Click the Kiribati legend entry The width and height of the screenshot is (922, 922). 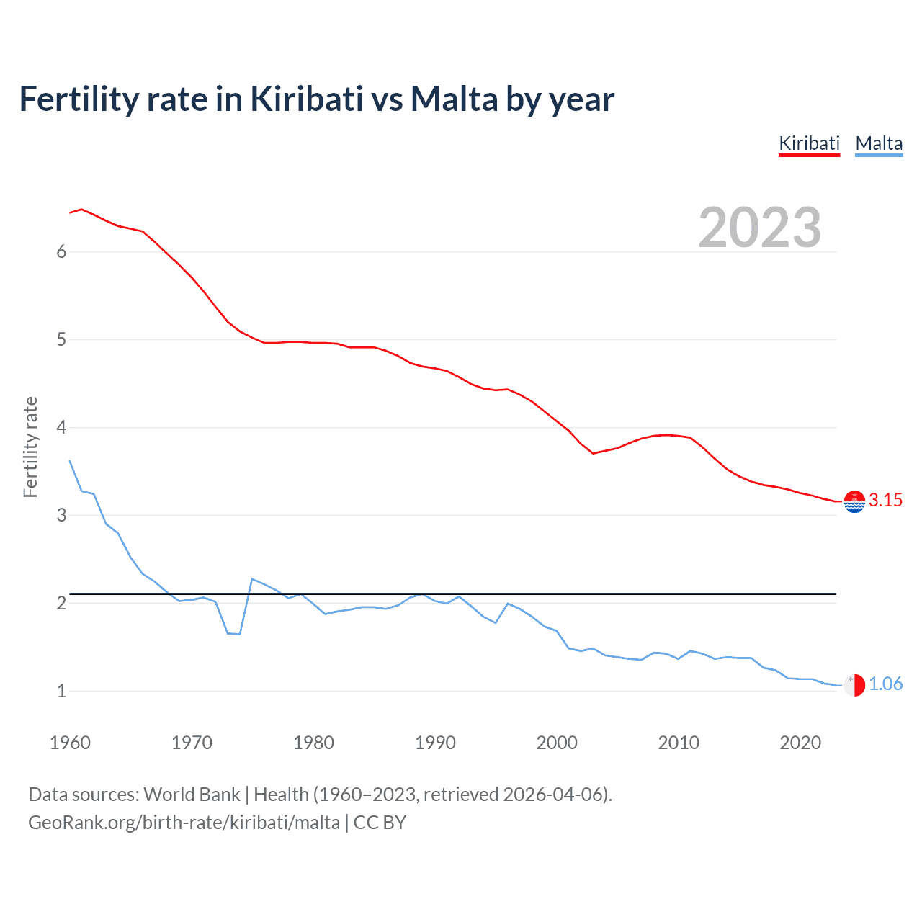pos(809,143)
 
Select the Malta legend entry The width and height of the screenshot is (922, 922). pos(879,143)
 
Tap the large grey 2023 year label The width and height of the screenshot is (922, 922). pos(760,228)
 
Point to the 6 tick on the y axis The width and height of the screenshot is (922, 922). pos(61,251)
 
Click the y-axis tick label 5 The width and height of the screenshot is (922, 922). pos(61,339)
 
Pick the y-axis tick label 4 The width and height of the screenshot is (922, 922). pos(61,427)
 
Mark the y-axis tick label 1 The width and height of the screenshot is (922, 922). pos(61,691)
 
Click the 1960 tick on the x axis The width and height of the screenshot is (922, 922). pos(70,743)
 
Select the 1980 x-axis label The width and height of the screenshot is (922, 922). pos(313,743)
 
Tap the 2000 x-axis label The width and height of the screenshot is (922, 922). pos(557,743)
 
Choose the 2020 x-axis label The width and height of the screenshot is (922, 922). pos(800,743)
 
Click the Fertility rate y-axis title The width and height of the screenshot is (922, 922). pos(30,447)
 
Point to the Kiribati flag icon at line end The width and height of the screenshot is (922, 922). pos(854,501)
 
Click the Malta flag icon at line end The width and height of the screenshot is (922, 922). pos(854,684)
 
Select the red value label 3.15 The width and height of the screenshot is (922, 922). pos(885,500)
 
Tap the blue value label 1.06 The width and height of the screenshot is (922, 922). pos(885,684)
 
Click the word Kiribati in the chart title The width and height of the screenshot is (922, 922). pos(306,99)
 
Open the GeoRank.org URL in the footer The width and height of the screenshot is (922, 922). pos(184,822)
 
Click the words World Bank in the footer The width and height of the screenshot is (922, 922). pos(192,794)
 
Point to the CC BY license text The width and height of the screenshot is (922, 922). pos(380,822)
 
